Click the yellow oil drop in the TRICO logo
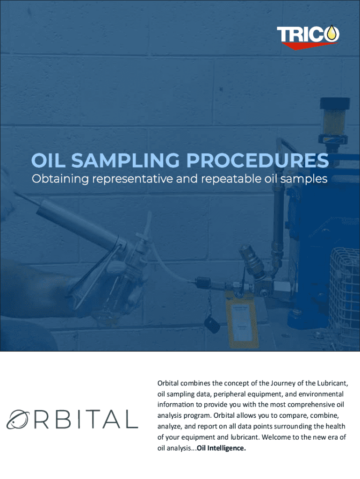pos(332,33)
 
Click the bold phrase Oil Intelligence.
pos(221,449)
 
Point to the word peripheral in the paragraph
pos(234,394)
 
